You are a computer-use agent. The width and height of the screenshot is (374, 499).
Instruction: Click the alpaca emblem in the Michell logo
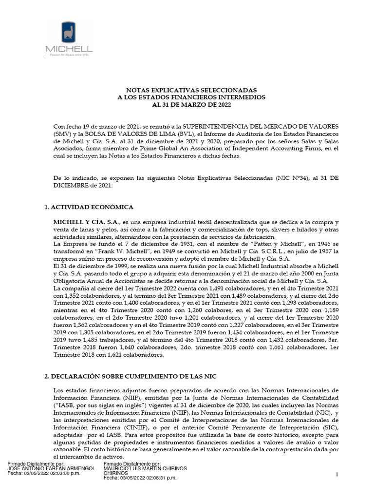[x=68, y=33]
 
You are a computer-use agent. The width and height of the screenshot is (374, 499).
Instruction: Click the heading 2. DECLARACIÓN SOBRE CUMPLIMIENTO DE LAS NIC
[x=134, y=377]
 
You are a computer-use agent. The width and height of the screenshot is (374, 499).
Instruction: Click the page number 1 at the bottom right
[x=337, y=475]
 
